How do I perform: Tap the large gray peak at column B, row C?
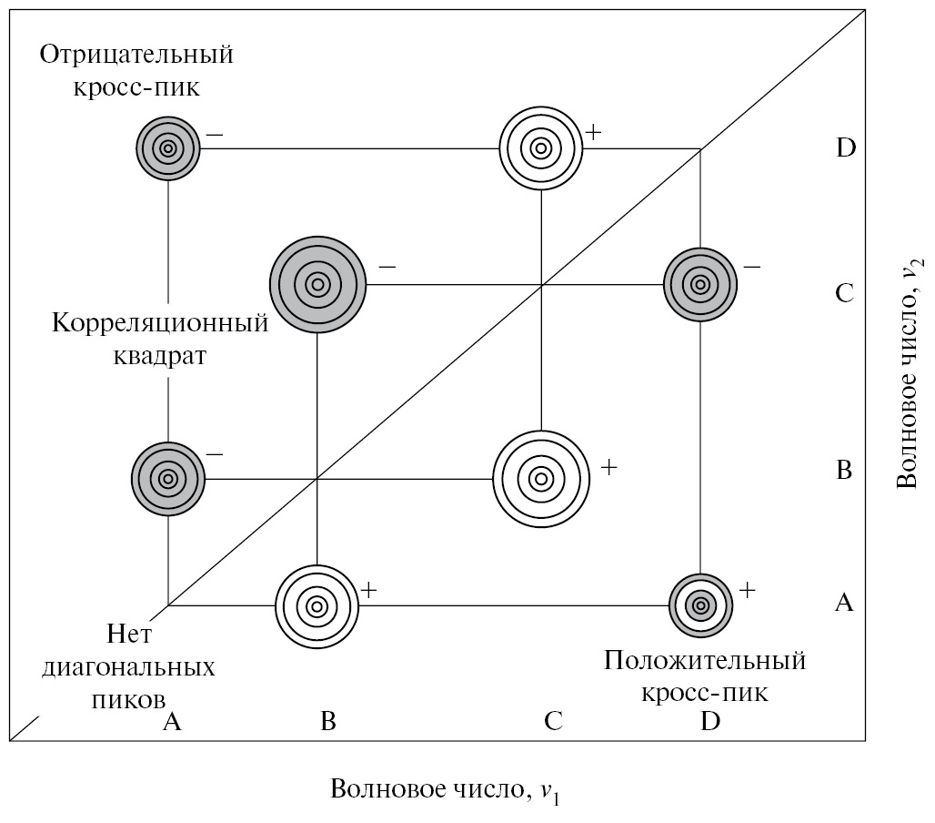coord(317,284)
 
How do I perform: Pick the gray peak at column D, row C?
coord(699,284)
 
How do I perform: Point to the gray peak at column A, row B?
coord(168,478)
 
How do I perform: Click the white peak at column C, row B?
coord(540,478)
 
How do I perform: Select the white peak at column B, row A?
coord(317,605)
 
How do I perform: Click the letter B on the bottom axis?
coord(328,722)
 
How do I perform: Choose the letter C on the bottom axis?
coord(553,722)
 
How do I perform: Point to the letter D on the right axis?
coord(846,147)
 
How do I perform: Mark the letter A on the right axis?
coord(844,602)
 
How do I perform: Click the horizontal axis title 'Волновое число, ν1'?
coord(446,789)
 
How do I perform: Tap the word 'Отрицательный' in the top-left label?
coord(136,55)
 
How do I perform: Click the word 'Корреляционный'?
coord(161,323)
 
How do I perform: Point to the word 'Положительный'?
coord(705,659)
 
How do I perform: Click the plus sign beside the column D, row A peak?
coord(747,589)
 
